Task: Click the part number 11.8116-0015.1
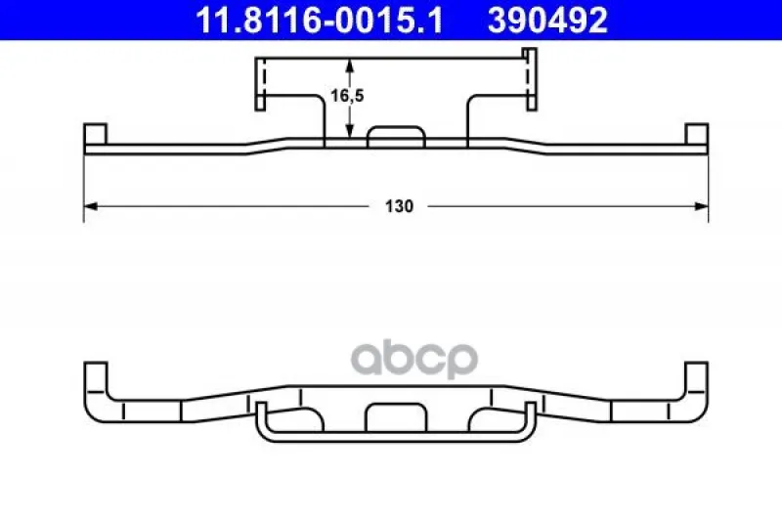pos(320,21)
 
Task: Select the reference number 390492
pos(547,21)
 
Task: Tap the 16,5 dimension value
pos(347,95)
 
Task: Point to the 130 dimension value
pos(399,206)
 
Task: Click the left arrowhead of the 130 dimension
pos(90,206)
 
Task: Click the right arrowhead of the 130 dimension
pos(701,206)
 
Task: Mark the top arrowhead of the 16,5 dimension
pos(350,65)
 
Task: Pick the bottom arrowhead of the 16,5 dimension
pos(350,131)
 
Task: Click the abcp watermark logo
pos(414,358)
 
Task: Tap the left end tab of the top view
pos(95,134)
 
